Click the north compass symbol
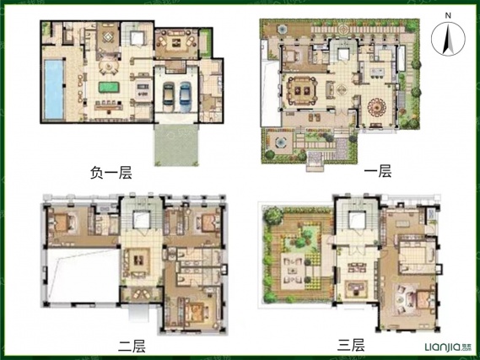coord(446,40)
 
